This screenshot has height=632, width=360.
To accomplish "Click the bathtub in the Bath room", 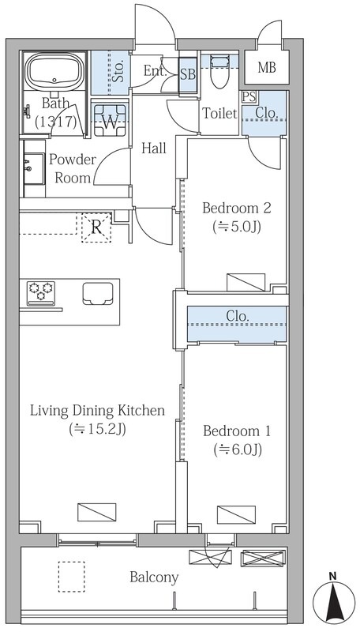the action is point(55,71).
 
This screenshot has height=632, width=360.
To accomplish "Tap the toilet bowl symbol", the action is point(219,70).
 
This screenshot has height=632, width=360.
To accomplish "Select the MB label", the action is point(267,68).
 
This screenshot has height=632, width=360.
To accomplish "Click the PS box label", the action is point(249,97).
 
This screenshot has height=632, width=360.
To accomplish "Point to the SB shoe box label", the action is point(188,74).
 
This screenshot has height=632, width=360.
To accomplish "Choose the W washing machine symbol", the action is point(110,118).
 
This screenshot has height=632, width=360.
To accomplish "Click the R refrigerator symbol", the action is point(96,228).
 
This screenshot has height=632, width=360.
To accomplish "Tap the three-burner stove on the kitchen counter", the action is point(41,293).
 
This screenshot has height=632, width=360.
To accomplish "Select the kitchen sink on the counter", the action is point(98,293).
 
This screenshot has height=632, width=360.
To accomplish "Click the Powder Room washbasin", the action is point(33,168).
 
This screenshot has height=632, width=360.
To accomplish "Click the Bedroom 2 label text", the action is point(236,208).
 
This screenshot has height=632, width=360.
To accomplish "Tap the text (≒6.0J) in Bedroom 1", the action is point(238,449).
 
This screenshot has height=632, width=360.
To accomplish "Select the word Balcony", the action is point(154,578).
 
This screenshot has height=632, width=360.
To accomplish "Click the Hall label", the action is point(154,149).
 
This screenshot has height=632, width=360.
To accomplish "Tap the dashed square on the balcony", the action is point(71,577).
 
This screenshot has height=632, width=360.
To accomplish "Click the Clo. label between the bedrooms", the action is point(237,316).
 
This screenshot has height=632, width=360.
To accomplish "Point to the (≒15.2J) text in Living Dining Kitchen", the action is point(97,429).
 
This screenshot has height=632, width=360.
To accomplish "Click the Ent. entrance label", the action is point(156,72).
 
